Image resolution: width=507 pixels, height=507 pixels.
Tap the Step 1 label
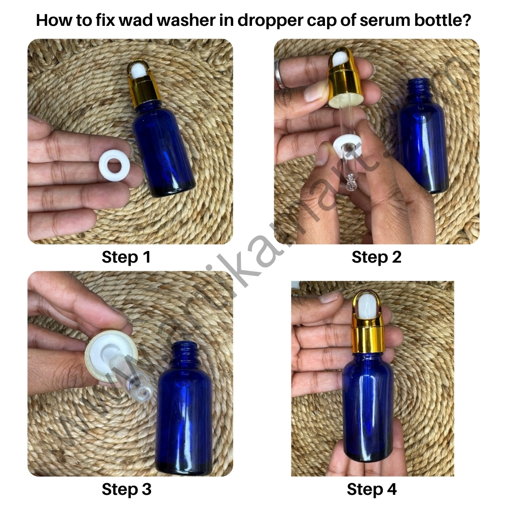pos(126,257)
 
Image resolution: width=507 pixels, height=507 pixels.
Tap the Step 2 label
pos(376,257)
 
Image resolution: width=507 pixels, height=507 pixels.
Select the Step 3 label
pos(126,489)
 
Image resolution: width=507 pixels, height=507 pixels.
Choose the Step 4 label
pos(372,489)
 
